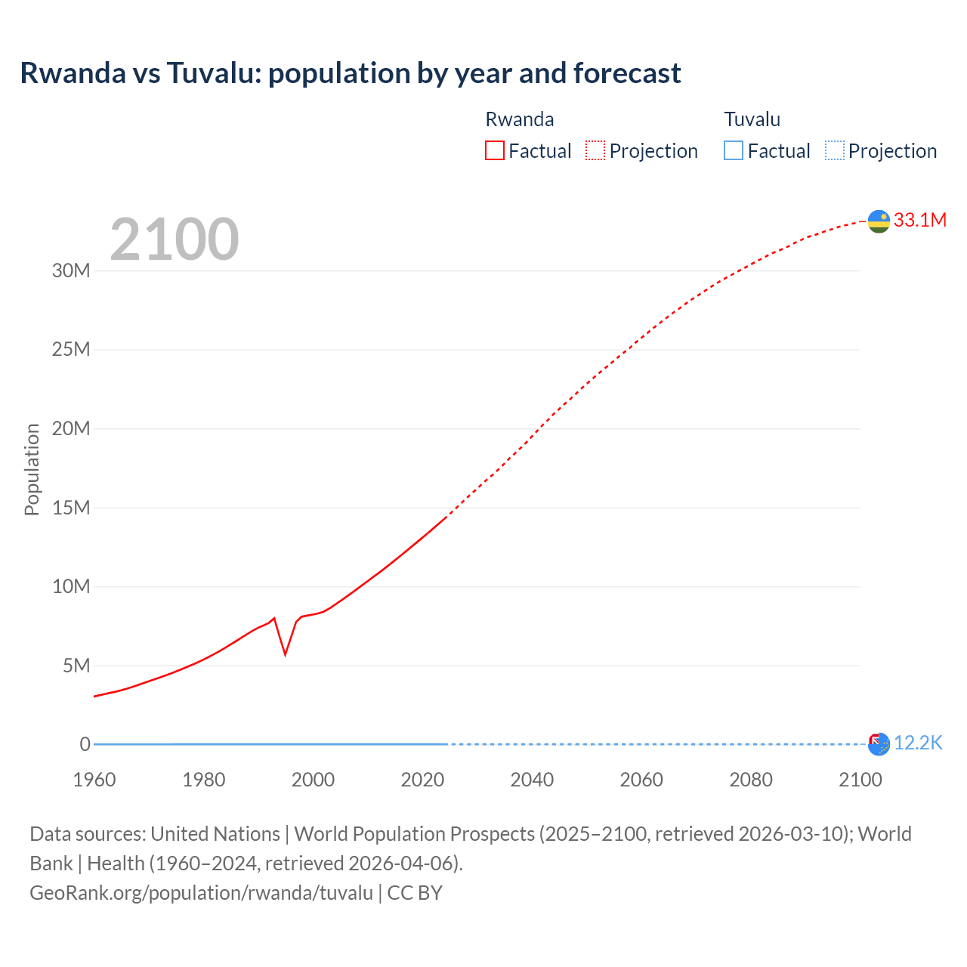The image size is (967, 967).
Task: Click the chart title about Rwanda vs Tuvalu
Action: point(351,73)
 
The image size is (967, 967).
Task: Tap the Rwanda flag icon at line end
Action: point(879,221)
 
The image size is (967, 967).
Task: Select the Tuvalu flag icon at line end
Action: point(879,744)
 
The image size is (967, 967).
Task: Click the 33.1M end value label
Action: point(919,220)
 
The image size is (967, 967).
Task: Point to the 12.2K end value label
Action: point(918,743)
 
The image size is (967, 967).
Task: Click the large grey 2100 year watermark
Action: point(175,239)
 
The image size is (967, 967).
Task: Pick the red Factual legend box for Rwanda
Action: point(494,150)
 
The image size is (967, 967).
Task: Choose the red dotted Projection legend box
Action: point(595,150)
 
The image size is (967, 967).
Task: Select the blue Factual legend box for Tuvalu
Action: point(733,150)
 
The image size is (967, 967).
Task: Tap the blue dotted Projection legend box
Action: point(834,150)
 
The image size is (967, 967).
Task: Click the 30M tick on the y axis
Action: point(71,270)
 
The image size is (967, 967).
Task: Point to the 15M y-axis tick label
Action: point(71,508)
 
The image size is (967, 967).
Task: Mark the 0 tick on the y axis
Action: point(85,744)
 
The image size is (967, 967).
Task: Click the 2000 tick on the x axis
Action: point(313,780)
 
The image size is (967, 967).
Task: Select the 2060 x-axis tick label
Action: point(641,780)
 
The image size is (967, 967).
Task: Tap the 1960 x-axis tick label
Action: point(94,780)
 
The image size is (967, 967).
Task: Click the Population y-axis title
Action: point(32,469)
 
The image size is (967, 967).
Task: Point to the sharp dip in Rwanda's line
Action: point(285,653)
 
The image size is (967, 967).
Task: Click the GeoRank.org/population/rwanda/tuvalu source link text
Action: point(201,893)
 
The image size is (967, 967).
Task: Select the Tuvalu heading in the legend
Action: point(752,119)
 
